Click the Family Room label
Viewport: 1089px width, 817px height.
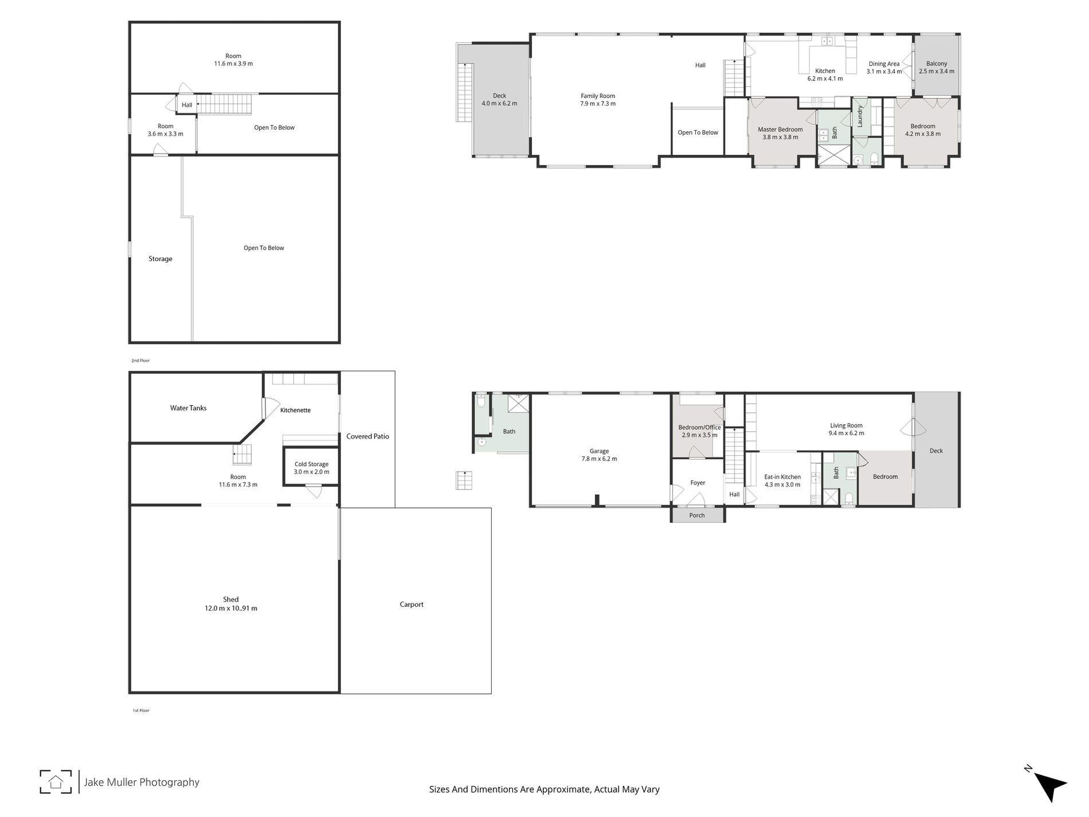(x=597, y=96)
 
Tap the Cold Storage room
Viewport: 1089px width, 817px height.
(x=311, y=468)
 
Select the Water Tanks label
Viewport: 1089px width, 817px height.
(x=188, y=408)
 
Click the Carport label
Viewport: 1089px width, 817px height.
(x=412, y=604)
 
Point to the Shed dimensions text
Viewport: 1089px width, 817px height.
(x=231, y=608)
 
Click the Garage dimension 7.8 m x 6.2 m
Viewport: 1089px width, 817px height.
(x=599, y=459)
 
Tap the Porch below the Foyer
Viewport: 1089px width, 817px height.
(x=697, y=515)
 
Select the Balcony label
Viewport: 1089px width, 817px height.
(x=937, y=64)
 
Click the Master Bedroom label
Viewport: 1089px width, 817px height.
(x=780, y=130)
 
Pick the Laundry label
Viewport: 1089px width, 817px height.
(x=860, y=116)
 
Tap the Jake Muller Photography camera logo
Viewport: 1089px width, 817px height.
(x=56, y=781)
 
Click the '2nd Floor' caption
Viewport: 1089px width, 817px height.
(x=140, y=361)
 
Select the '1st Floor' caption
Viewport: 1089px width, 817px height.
(x=140, y=710)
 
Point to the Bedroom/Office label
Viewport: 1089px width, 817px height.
(x=699, y=427)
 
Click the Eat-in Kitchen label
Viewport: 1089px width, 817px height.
(x=782, y=477)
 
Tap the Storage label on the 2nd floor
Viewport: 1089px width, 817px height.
(x=160, y=259)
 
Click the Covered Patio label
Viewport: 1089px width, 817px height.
(x=367, y=436)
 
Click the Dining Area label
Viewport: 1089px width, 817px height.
(x=884, y=64)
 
